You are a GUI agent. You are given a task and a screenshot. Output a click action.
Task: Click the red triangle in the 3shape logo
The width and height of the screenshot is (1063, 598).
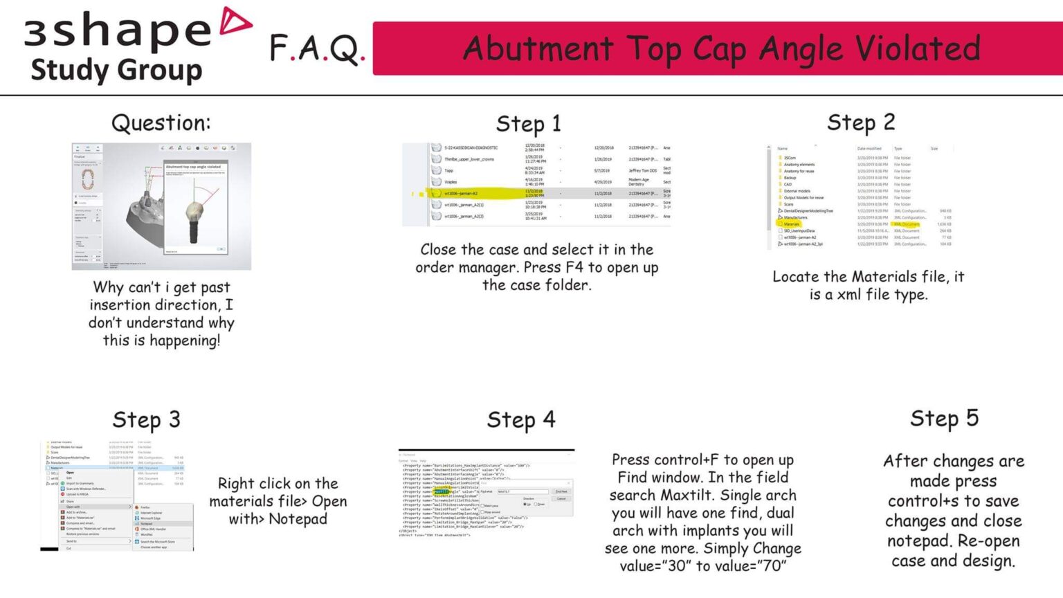click(x=235, y=21)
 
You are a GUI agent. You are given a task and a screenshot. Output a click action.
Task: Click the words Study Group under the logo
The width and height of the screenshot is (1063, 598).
click(x=116, y=71)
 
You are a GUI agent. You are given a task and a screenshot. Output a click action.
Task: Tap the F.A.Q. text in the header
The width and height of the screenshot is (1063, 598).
click(x=316, y=48)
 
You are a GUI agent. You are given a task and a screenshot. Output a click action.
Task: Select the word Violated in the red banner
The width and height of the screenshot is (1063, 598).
click(x=918, y=48)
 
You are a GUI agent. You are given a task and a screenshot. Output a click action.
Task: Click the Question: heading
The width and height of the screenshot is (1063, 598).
click(x=161, y=123)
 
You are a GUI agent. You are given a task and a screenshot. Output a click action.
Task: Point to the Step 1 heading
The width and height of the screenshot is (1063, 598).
click(x=528, y=125)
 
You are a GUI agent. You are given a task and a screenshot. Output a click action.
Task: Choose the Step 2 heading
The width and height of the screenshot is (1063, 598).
click(x=861, y=123)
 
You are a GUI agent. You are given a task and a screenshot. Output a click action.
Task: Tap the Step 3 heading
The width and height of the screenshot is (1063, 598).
click(x=146, y=420)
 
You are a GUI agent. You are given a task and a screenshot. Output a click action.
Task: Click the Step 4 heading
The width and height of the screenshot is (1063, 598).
click(x=520, y=420)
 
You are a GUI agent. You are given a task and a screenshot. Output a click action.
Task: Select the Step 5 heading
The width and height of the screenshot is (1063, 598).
click(x=944, y=419)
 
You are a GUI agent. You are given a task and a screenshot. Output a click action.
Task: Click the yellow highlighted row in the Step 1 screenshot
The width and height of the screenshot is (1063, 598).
click(x=478, y=194)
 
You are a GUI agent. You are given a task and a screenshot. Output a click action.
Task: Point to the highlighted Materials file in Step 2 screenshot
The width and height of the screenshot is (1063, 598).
click(x=792, y=224)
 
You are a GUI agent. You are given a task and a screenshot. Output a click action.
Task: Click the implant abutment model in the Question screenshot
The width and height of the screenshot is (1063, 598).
click(x=194, y=215)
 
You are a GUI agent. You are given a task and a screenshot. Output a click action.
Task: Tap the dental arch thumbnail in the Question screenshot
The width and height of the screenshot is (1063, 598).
click(x=88, y=179)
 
